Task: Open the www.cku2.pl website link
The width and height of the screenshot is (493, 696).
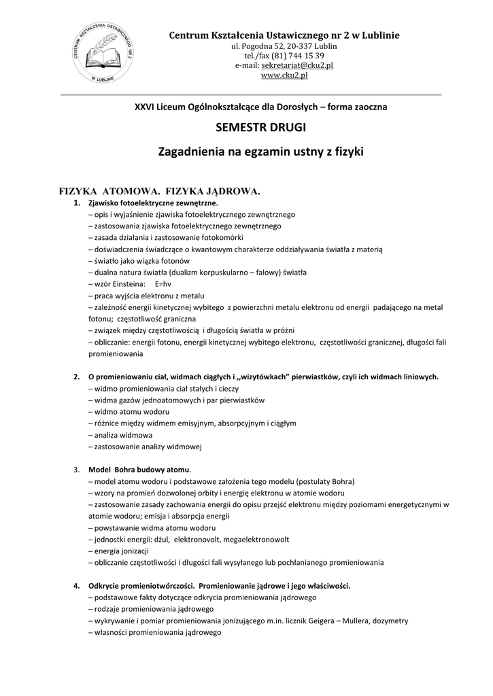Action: (x=284, y=75)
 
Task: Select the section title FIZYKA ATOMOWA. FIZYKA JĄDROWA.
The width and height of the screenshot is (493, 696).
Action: (x=160, y=192)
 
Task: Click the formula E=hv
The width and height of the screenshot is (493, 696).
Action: (x=163, y=284)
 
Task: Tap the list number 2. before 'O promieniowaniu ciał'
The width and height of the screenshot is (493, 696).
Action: (x=76, y=376)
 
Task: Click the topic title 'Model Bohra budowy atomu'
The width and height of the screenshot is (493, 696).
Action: (x=139, y=470)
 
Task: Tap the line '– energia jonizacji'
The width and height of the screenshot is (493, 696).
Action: (x=120, y=551)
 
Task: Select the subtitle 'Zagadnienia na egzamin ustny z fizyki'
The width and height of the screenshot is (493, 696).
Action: (x=260, y=152)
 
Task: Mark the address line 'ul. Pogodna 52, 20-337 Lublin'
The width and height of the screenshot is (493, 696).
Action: (x=284, y=45)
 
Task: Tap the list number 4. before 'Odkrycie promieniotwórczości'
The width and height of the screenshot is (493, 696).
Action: (x=76, y=585)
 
